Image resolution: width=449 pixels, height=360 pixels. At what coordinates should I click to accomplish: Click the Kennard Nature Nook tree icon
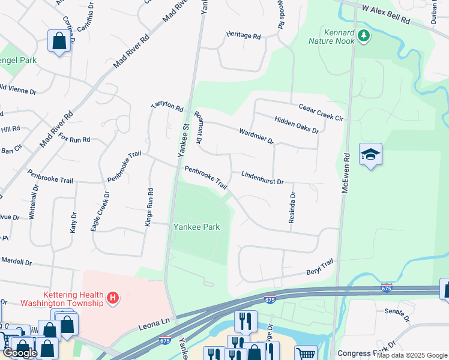point(363,36)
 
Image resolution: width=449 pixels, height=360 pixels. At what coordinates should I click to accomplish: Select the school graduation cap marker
point(370,155)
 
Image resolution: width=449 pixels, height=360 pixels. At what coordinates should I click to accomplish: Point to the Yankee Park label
point(196,227)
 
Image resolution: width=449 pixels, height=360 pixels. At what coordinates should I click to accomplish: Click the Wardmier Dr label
point(256,136)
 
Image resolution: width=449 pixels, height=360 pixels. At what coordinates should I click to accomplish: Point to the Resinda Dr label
point(292,208)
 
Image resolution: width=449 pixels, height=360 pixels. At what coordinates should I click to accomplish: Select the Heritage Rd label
point(243,36)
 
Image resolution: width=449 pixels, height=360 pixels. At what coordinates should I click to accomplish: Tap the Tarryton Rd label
point(167,107)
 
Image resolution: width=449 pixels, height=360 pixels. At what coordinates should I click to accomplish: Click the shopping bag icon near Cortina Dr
point(59,41)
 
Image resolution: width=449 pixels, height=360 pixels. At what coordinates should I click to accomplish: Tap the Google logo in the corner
point(20,353)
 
